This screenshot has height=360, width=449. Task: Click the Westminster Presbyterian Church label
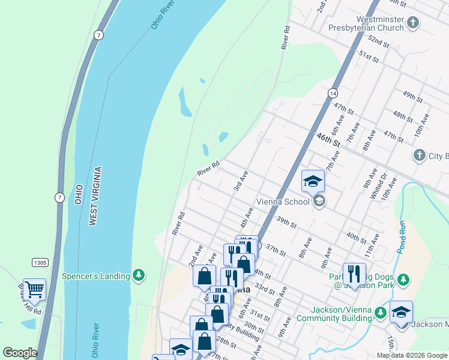coord(366,22)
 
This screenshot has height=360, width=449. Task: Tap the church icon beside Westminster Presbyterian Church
coord(412,23)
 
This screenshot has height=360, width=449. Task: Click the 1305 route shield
coord(40,262)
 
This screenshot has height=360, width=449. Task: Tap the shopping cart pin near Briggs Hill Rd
coord(34,290)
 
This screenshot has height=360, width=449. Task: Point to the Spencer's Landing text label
coord(95,276)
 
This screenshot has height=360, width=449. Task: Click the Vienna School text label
coord(282,202)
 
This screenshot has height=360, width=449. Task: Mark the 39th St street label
coord(286,223)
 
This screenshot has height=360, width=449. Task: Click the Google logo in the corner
coord(20,353)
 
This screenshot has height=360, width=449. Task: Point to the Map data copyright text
coord(412,355)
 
